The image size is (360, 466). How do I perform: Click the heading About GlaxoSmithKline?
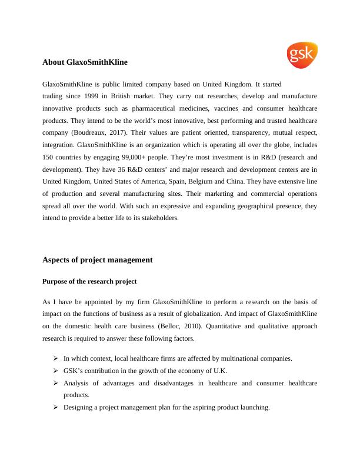click(85, 61)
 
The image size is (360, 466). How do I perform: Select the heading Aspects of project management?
click(98, 259)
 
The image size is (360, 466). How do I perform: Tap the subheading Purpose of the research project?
click(89, 281)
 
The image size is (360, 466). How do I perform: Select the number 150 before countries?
click(49, 159)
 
